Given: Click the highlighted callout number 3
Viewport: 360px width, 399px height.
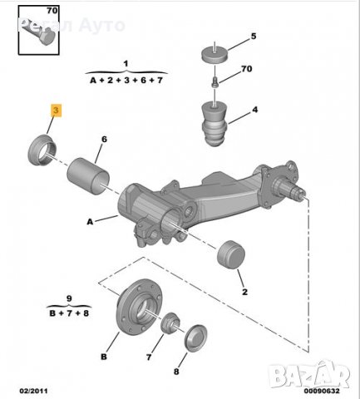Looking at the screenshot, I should (56, 109).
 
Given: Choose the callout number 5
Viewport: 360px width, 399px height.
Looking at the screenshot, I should (254, 36).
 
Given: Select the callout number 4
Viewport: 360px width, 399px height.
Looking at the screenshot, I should (254, 109).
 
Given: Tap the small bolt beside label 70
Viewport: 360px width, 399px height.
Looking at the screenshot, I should (215, 81).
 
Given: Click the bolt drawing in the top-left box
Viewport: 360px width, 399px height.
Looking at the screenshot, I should (38, 32).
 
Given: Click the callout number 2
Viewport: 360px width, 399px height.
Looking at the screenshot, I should (244, 292).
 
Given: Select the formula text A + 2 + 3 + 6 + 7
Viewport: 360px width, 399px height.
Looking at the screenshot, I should (125, 79).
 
